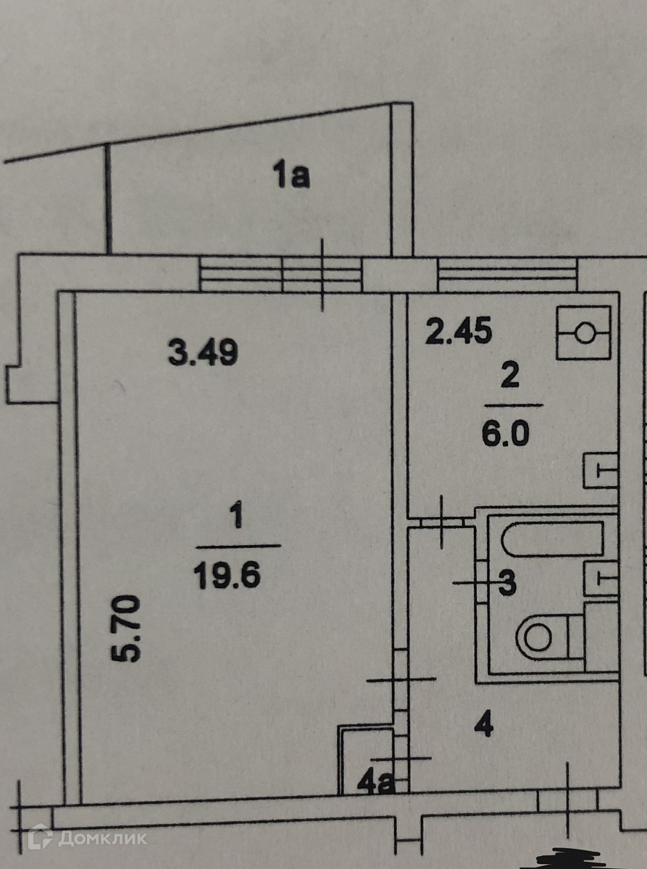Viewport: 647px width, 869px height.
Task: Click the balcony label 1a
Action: (291, 176)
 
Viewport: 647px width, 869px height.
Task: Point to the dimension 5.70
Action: (125, 628)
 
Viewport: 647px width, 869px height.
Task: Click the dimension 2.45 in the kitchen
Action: (458, 332)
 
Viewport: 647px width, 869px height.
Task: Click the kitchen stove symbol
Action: (585, 333)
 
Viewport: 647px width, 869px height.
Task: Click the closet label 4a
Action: (377, 782)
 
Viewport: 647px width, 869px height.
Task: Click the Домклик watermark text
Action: (102, 839)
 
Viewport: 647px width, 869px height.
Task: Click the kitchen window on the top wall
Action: (507, 274)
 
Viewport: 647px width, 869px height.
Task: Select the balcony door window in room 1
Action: (280, 274)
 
